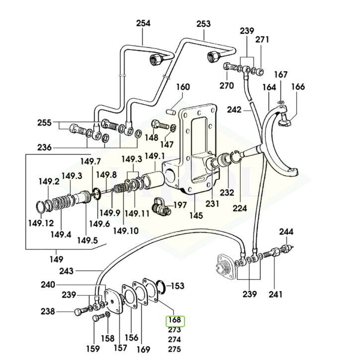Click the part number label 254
coord(143,23)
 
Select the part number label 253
coord(203,23)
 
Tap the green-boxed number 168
coord(175,321)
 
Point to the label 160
coord(182,87)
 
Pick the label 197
coord(180,205)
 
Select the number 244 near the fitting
coord(286,232)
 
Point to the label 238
coord(48,312)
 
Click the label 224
coord(240,208)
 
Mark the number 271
coord(262,39)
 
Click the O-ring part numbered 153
coord(161,287)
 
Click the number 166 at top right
coord(297,87)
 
